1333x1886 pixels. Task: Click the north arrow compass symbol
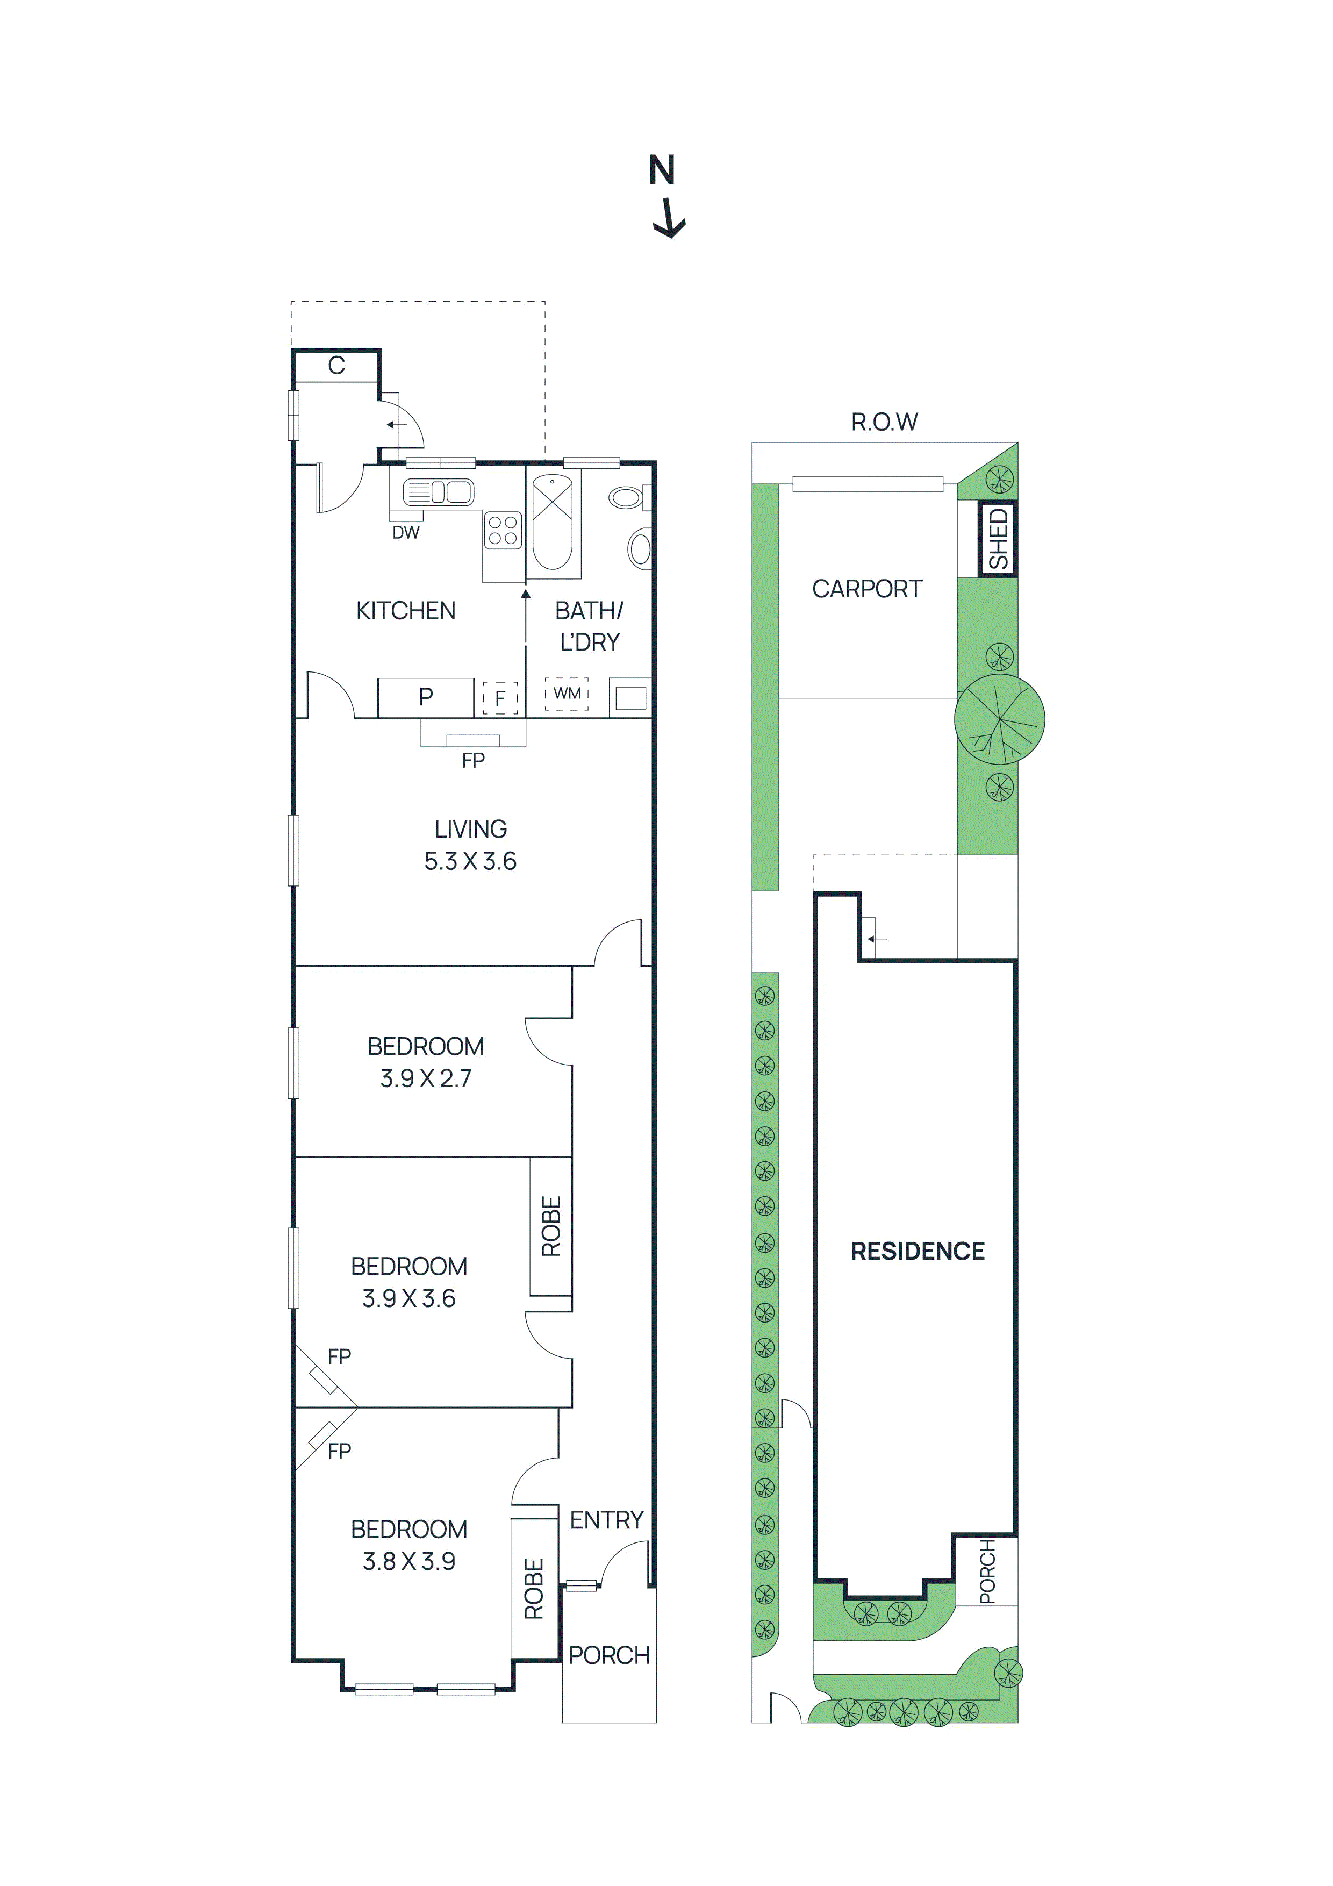(x=667, y=196)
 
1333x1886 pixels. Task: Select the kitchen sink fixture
(x=438, y=492)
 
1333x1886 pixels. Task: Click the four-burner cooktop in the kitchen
(x=503, y=530)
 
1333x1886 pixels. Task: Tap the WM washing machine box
(x=567, y=694)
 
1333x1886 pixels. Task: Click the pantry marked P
(x=426, y=697)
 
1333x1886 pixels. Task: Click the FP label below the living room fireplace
(x=473, y=761)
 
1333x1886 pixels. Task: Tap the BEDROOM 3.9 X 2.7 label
(x=426, y=1062)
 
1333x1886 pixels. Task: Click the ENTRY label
(x=607, y=1520)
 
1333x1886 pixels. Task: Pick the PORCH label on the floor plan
(x=610, y=1655)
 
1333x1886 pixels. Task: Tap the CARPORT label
(x=868, y=589)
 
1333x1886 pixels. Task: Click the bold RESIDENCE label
(x=918, y=1251)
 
